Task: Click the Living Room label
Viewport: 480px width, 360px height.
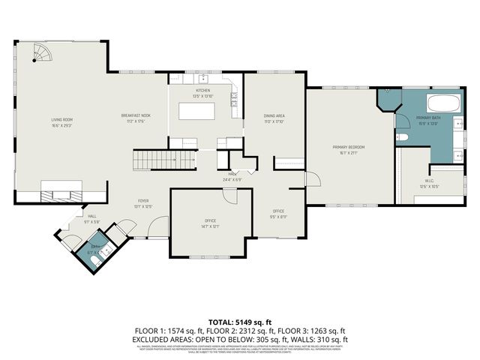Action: [61, 121]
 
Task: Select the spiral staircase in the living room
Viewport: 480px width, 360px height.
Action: [43, 55]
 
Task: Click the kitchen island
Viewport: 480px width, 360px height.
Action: [196, 111]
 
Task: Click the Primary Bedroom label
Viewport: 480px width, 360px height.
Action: [349, 148]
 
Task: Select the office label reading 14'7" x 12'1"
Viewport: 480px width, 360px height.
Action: [211, 223]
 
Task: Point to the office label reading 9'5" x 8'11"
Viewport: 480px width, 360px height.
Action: [278, 213]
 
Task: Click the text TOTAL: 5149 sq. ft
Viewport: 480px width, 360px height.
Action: [240, 320]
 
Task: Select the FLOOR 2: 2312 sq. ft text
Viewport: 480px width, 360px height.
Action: [239, 330]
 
